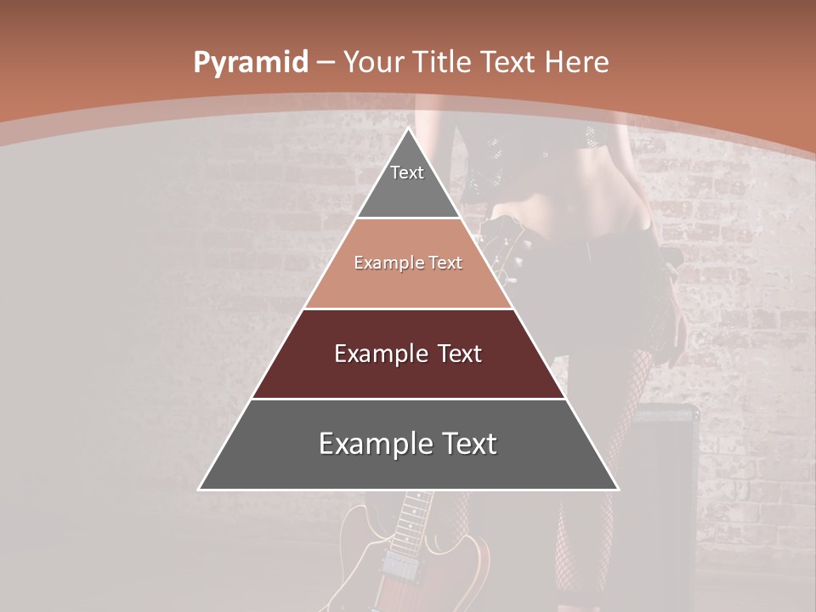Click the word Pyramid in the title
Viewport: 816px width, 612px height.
(250, 62)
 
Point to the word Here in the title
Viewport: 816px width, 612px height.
(577, 62)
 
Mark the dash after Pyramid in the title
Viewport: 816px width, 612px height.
(326, 63)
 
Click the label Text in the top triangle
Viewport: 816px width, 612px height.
(407, 173)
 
